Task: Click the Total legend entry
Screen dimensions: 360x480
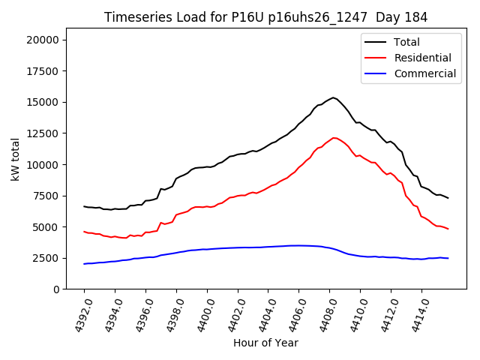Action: [x=407, y=42]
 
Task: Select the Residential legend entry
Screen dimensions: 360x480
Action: [x=423, y=58]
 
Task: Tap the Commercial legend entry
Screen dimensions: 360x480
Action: [x=425, y=73]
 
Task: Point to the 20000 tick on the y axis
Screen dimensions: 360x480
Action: [x=46, y=40]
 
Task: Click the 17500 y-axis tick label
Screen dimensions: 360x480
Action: [x=46, y=71]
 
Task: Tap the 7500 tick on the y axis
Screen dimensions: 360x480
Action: [x=49, y=196]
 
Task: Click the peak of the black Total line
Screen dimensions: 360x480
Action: [x=334, y=97]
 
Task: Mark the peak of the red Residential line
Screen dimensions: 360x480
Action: [x=334, y=137]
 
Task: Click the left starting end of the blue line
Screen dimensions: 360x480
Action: [x=84, y=264]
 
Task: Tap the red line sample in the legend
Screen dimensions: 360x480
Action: [x=376, y=58]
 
